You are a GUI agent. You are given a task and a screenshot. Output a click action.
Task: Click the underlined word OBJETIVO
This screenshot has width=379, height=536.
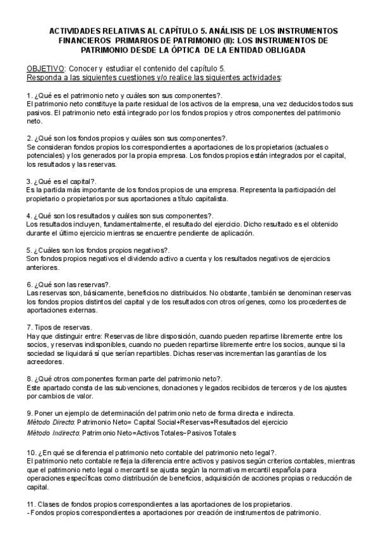pyautogui.click(x=45, y=69)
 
